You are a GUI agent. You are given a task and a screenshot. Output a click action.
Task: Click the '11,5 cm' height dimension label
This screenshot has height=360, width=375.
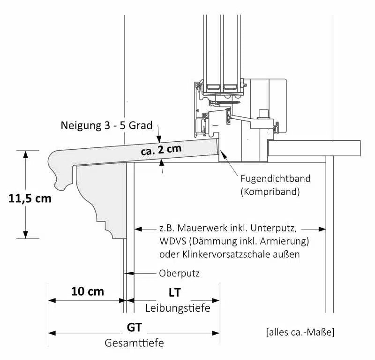30,198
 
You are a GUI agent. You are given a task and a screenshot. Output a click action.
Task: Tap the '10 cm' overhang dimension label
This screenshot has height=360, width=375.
87,291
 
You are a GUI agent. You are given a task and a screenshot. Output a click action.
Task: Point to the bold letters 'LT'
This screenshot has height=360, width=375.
175,292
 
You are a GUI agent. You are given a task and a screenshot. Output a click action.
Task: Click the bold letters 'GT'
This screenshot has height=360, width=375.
135,326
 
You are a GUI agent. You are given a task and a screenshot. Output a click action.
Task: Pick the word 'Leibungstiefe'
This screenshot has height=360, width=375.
178,308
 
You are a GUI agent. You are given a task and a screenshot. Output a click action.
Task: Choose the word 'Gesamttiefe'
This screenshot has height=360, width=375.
134,343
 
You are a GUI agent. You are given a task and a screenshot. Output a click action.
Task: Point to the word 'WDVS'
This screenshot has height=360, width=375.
172,242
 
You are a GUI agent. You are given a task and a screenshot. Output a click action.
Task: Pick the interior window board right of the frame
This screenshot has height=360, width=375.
315,148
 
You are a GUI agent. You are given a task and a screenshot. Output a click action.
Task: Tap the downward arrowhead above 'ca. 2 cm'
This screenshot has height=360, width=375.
159,139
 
